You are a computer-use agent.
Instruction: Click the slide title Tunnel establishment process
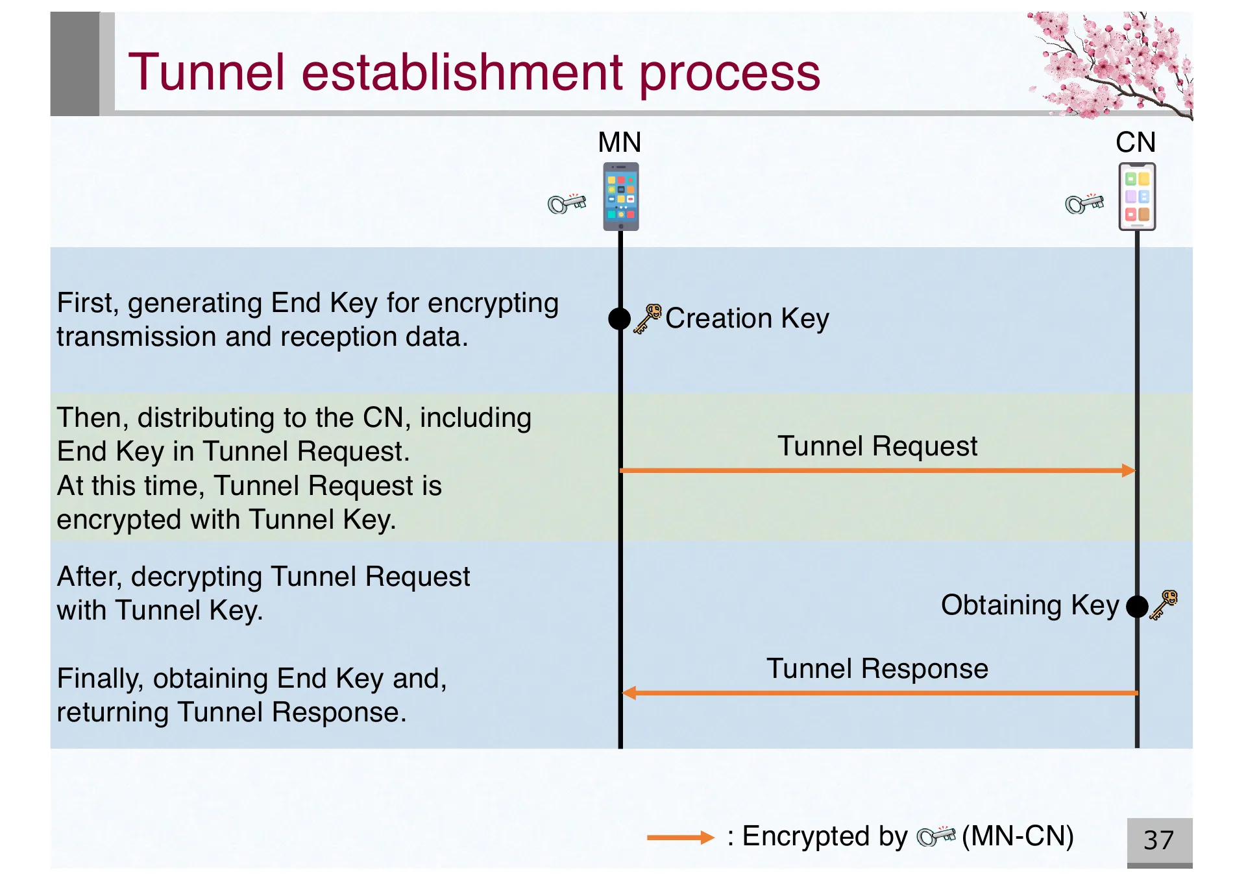pos(474,73)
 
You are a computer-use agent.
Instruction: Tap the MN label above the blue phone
pos(619,142)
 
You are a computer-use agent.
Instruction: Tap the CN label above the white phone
pos(1136,142)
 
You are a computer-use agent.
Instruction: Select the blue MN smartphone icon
pos(621,197)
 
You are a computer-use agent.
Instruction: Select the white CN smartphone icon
pos(1137,197)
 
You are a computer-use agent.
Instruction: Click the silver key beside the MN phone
pos(567,204)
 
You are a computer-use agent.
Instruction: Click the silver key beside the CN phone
pos(1084,204)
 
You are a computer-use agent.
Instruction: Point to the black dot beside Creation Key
pos(620,319)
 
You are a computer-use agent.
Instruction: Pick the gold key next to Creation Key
pos(648,319)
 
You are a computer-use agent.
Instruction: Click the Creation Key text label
pos(747,319)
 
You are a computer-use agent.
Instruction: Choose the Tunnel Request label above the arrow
pos(877,446)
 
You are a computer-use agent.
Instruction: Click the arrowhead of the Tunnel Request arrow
pos(1129,470)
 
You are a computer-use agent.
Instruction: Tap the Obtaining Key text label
pos(1030,605)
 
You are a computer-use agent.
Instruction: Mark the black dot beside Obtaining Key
pos(1137,607)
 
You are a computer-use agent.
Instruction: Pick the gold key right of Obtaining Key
pos(1164,605)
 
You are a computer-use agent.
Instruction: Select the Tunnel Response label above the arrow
pos(877,669)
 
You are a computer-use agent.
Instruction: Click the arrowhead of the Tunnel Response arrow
pos(629,693)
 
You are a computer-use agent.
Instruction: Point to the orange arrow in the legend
pos(680,838)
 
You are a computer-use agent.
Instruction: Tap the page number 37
pos(1159,840)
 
